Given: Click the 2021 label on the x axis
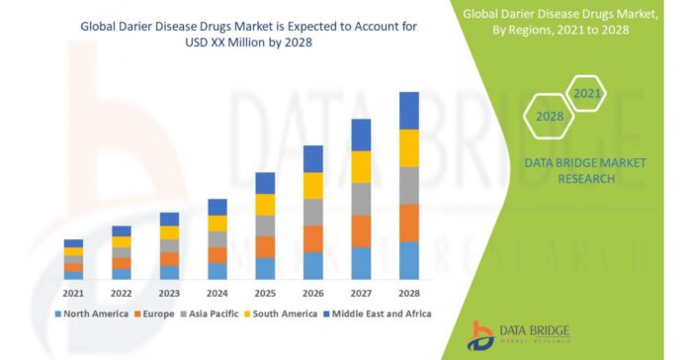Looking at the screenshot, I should coord(73,293).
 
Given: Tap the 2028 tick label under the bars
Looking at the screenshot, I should coord(409,293).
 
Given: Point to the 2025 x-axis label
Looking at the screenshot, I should coord(265,293).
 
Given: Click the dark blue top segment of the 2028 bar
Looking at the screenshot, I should coord(409,110).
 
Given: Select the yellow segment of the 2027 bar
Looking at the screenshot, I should coord(361,166).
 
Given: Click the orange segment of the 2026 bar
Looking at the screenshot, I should coord(312,238).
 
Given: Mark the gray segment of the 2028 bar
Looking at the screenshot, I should coord(409,185).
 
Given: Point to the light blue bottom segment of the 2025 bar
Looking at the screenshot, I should coord(265,268).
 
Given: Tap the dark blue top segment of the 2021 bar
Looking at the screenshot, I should coord(73,242).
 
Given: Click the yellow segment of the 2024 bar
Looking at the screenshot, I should coord(216,224).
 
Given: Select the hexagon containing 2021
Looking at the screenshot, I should coord(587,94).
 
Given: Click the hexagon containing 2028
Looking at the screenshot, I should coord(550,117).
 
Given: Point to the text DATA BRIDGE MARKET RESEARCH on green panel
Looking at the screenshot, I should coord(570,170).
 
